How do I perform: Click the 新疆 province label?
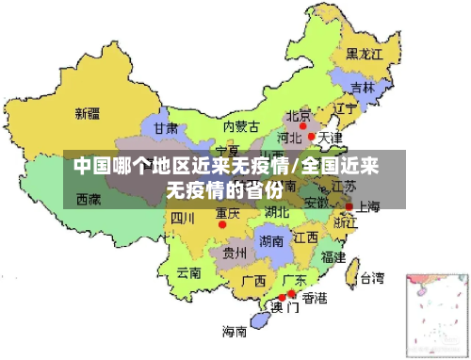click(x=88, y=114)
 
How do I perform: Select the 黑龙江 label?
click(x=364, y=54)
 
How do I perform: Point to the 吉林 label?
click(x=362, y=88)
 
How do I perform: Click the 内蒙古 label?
click(x=240, y=126)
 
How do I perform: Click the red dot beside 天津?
click(x=312, y=137)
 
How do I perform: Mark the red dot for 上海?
click(x=349, y=205)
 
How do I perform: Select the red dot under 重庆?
click(x=222, y=224)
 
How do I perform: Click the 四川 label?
click(x=183, y=219)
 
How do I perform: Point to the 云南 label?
click(x=188, y=273)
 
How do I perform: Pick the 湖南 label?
click(x=271, y=241)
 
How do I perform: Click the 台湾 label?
click(x=371, y=278)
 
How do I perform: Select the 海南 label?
click(x=235, y=331)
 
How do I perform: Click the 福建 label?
click(x=333, y=256)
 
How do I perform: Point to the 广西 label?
click(x=252, y=281)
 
